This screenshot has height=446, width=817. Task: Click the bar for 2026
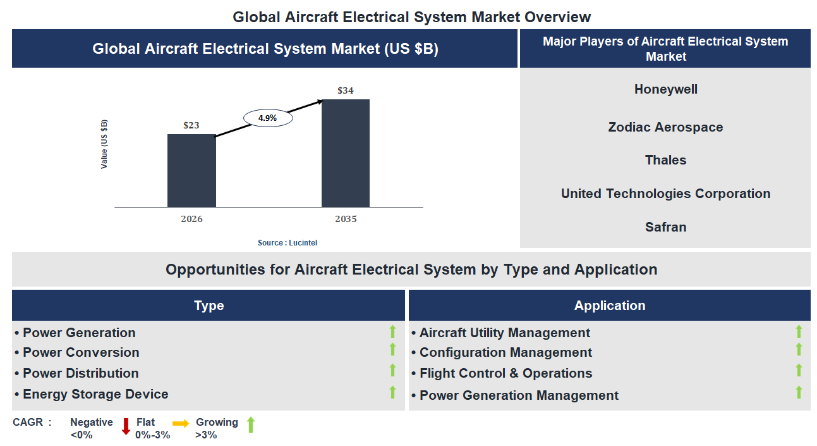pos(191,170)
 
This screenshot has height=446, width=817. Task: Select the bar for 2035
pos(346,153)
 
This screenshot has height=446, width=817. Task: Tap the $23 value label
pos(191,125)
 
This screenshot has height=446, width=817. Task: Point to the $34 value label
pos(346,90)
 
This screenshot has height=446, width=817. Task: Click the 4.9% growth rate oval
pos(267,118)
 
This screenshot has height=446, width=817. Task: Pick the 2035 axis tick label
pos(346,219)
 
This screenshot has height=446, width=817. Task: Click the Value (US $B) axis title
pos(104,144)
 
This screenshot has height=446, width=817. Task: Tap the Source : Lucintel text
pos(287,243)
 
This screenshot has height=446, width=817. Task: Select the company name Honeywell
pos(665,89)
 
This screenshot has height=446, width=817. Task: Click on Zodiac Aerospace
pos(665,127)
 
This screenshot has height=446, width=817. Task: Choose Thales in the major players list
pos(665,160)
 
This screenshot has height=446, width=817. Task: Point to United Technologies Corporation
pos(665,194)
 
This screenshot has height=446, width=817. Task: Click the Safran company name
pos(665,227)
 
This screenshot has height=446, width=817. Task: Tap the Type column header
pos(209,306)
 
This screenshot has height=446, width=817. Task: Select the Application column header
pos(609,306)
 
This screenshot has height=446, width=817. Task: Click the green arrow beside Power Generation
pos(392,331)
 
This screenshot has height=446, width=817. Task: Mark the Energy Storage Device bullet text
pos(95,394)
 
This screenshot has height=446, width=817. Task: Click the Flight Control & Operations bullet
pos(505,373)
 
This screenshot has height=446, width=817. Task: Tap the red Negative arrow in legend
pos(126,426)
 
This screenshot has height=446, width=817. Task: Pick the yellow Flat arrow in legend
pos(181,424)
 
